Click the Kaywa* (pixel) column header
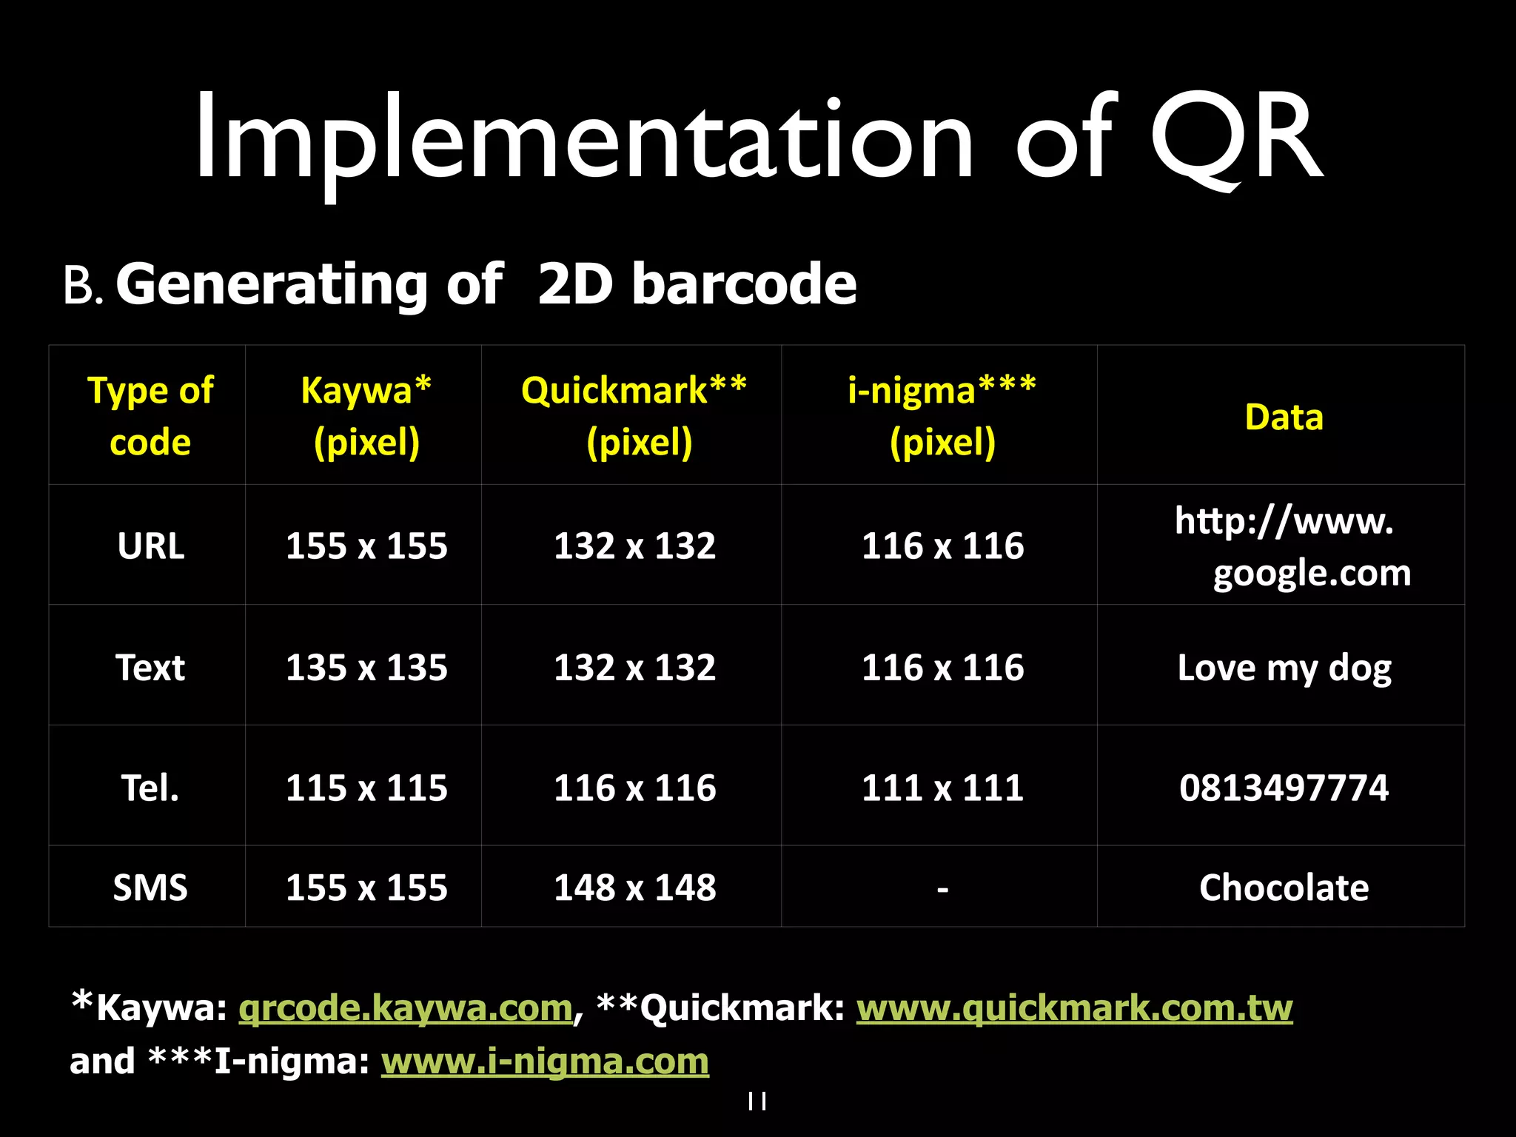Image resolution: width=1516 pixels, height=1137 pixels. coord(366,416)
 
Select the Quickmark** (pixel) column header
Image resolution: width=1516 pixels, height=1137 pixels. coord(634,416)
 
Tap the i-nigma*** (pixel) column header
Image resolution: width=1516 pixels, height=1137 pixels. coord(942,416)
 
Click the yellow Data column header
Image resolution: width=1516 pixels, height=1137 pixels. coord(1284,417)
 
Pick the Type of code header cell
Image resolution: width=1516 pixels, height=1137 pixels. coord(150,416)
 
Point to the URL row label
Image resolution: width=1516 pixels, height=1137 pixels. coord(150,546)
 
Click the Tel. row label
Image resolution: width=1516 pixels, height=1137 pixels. coord(150,788)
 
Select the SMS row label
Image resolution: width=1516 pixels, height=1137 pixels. coord(150,887)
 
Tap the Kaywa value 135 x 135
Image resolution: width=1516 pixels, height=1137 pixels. coord(366,668)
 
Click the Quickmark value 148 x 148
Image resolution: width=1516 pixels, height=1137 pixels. coord(634,887)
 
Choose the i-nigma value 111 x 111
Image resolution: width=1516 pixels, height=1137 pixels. coord(942,788)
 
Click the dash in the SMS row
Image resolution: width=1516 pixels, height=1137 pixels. coord(942,888)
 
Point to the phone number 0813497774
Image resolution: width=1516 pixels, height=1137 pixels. coord(1284,788)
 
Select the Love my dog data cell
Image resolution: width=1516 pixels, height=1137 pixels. coord(1284,668)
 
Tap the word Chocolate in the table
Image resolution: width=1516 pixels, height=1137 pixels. coord(1284,887)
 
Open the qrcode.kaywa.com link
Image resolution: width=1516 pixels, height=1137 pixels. coord(406,1008)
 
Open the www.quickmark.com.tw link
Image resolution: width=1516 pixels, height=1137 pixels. coord(1074,1008)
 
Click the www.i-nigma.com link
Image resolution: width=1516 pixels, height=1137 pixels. coord(545,1061)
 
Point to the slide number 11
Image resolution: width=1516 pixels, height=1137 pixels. coord(757,1101)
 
